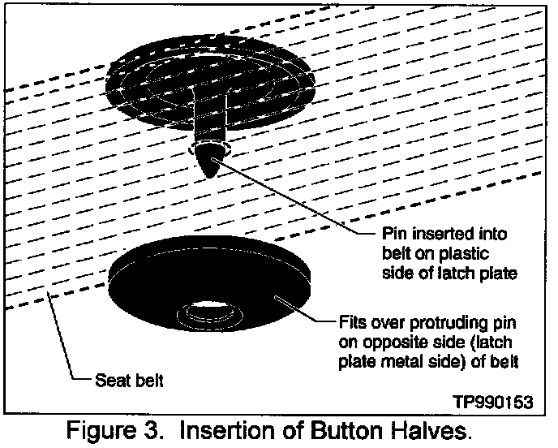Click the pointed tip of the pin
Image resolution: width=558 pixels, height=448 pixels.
coord(210,170)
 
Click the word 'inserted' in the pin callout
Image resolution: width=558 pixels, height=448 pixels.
coord(437,235)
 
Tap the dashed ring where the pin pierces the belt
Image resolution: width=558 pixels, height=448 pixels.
coord(209,152)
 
